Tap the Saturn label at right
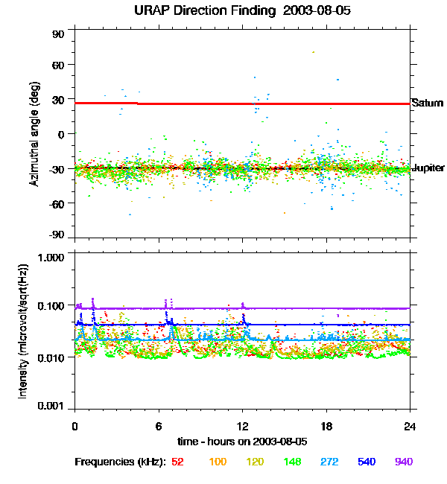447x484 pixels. point(427,103)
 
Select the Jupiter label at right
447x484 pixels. point(428,168)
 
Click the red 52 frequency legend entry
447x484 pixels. point(177,462)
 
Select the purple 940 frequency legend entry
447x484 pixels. point(403,462)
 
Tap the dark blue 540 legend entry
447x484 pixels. point(367,462)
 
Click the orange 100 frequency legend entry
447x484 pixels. point(218,462)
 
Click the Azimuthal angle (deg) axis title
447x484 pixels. point(34,135)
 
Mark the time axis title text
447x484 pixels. point(243,442)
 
